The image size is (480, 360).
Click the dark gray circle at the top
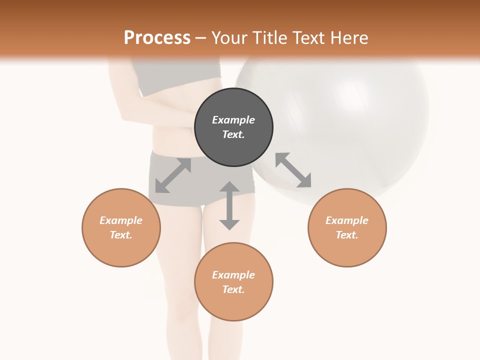(233, 127)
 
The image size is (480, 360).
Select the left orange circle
(121, 227)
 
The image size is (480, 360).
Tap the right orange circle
(347, 227)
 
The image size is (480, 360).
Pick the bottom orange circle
(233, 282)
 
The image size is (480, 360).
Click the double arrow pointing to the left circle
(173, 175)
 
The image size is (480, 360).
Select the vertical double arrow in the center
(229, 205)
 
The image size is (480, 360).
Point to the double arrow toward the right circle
(293, 170)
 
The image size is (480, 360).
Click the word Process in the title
(157, 38)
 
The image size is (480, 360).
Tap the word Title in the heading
(268, 38)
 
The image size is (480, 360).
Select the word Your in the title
(229, 38)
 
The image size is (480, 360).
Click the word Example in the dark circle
(233, 120)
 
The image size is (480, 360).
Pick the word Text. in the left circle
(121, 235)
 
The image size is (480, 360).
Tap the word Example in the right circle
(347, 220)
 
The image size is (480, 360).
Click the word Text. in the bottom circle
(233, 289)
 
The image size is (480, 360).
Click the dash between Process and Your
(200, 38)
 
